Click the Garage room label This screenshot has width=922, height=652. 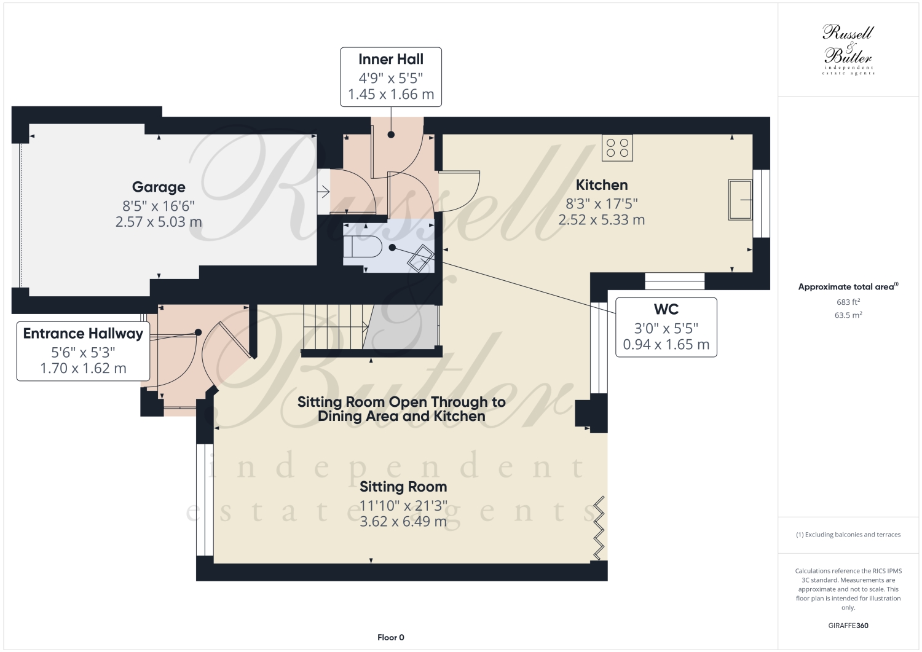coord(159,187)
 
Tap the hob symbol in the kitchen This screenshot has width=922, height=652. coord(617,147)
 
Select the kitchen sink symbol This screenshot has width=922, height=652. coord(740,200)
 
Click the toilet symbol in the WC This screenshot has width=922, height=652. coord(363,247)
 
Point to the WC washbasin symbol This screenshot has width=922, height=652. coord(420,258)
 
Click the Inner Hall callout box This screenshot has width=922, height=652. coord(390,77)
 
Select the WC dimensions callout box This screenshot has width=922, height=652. coord(666,328)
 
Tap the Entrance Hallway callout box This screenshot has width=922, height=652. coord(83,351)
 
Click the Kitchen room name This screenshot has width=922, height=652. coord(601,185)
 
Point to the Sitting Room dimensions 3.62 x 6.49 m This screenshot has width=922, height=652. coord(403,522)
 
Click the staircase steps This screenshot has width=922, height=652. coord(334,328)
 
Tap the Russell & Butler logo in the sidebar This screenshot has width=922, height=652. coord(848,50)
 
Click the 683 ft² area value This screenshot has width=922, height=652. coord(848,302)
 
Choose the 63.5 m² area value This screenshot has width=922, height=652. coord(848,315)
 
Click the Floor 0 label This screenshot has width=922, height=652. coord(390,637)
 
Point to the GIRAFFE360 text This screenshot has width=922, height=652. coord(848,625)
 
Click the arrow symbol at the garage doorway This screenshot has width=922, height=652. coord(323,191)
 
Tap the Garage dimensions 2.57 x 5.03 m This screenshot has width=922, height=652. coord(159,222)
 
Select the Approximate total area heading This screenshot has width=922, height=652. coord(848,286)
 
